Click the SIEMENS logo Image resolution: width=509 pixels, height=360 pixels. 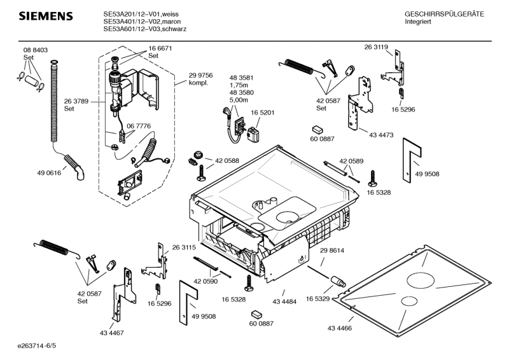pos(43,16)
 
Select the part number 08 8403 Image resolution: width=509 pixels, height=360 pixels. pos(36,50)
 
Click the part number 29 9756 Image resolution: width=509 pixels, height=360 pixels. pos(200,75)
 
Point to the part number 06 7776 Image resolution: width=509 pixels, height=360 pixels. pos(139,126)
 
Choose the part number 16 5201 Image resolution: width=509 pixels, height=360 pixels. pos(262,113)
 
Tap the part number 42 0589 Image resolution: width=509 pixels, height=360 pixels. pos(351,161)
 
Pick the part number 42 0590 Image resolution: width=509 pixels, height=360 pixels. pos(205,280)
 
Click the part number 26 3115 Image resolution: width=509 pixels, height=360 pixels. pos(185,247)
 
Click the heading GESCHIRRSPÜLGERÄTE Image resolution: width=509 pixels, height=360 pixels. pos(444,14)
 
